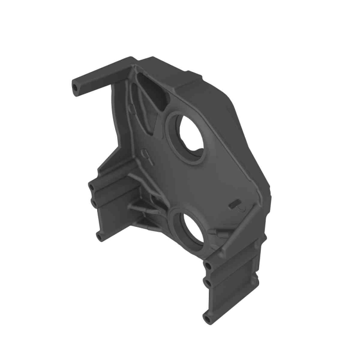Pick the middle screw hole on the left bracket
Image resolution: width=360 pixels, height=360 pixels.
[95, 203]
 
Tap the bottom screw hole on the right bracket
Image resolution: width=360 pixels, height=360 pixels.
[207, 318]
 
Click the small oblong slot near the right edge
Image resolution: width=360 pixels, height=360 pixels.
[235, 203]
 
